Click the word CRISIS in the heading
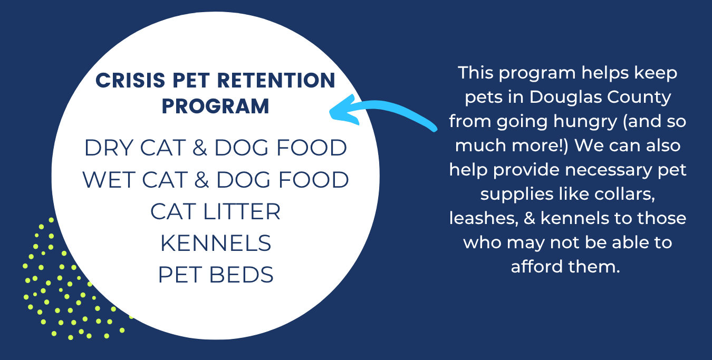(x=130, y=80)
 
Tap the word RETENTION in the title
(x=276, y=80)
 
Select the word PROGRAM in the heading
(x=216, y=106)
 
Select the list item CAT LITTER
(x=215, y=211)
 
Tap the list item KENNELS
(x=216, y=244)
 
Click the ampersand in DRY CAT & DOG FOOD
(x=199, y=148)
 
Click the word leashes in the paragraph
(x=484, y=218)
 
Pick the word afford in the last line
(x=537, y=266)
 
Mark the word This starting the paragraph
(x=476, y=73)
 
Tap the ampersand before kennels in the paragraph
(x=529, y=218)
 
